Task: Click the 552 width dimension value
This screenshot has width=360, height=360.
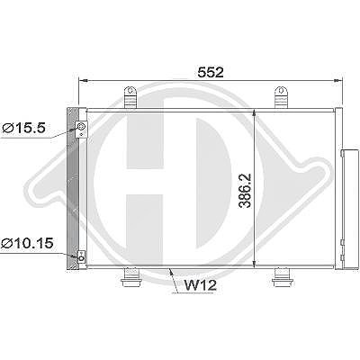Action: (x=211, y=72)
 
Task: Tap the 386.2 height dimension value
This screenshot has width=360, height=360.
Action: (x=246, y=191)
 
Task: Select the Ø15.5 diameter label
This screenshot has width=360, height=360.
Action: (x=23, y=129)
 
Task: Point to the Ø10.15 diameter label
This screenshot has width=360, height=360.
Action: (x=27, y=243)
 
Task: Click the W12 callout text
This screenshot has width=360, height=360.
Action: (x=200, y=285)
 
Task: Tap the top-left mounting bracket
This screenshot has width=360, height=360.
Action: (x=130, y=97)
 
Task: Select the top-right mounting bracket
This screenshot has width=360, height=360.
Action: (x=281, y=97)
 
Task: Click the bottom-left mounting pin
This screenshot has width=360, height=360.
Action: (x=130, y=277)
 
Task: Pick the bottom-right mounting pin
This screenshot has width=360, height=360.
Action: (x=282, y=277)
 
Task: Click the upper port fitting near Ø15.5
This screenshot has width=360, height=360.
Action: (x=81, y=130)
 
